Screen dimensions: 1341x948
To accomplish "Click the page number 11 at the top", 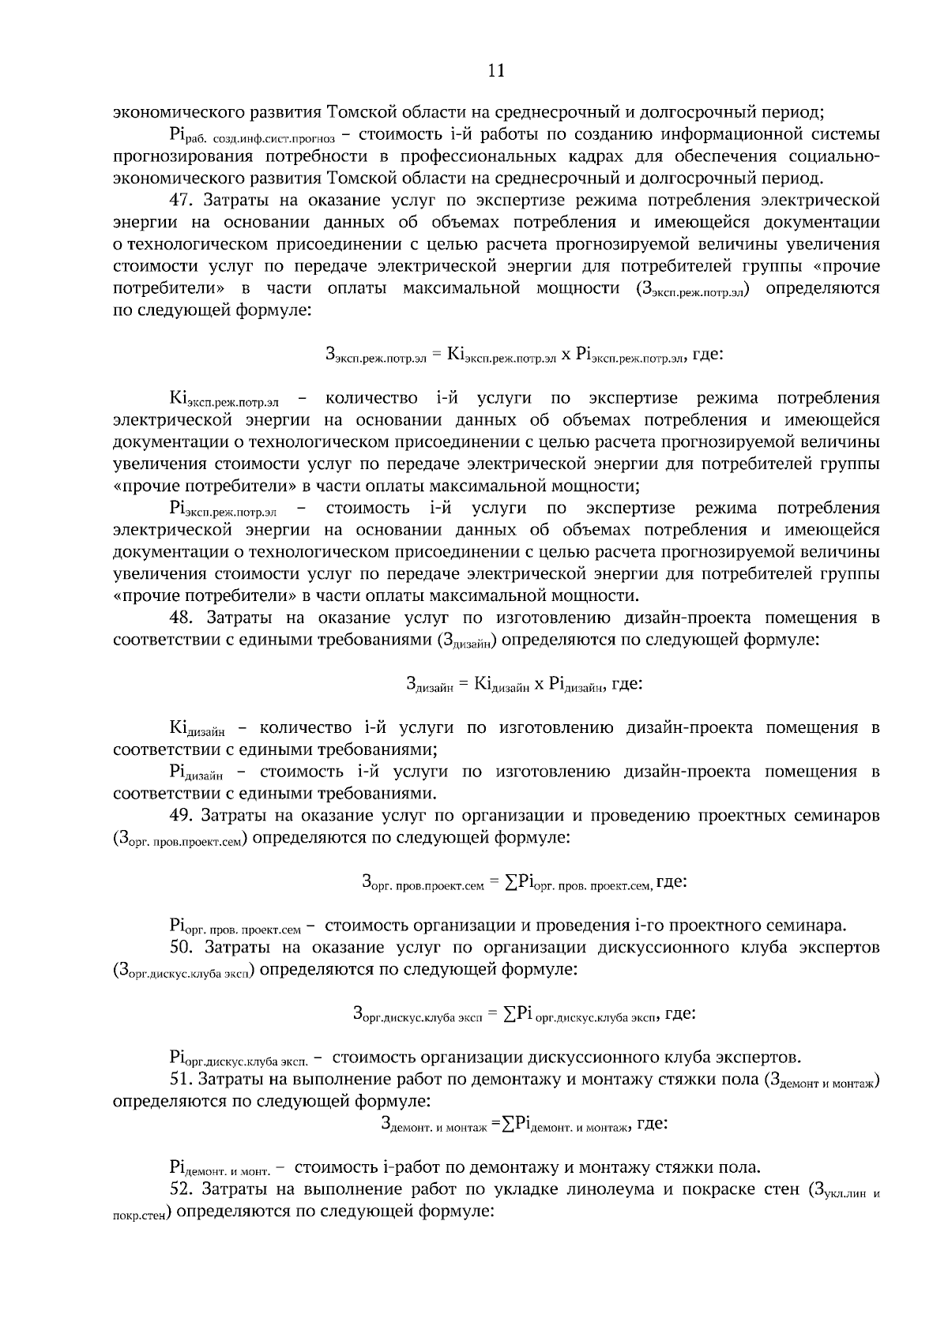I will [496, 70].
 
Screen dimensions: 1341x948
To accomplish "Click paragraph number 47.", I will [182, 200].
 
